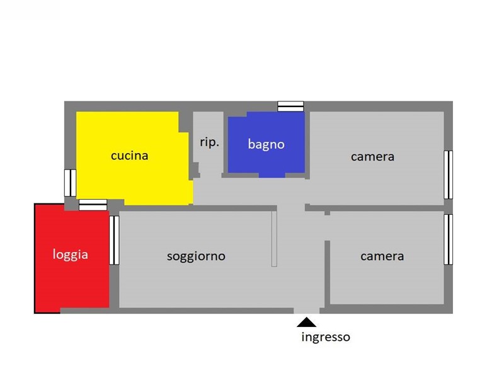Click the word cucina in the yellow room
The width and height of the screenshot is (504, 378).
coord(130,156)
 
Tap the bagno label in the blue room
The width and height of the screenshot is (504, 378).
coord(266,144)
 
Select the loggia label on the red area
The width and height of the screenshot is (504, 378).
coord(71,255)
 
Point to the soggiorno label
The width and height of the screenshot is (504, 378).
coord(196,256)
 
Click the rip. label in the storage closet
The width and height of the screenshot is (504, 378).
coord(210,142)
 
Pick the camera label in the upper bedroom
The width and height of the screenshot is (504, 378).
coord(372,157)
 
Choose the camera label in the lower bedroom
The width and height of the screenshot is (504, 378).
coord(382,256)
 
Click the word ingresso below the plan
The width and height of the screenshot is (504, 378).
coord(326,337)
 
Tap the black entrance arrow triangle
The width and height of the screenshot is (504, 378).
coord(307,323)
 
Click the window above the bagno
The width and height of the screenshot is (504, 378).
coord(290,106)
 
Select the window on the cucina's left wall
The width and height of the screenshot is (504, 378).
coord(70,183)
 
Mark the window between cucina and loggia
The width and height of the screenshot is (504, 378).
coord(93,205)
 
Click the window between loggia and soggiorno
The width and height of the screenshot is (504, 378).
coord(114,240)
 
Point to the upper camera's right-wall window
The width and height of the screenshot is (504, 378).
coord(449,175)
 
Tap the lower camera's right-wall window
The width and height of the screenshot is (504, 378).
coord(449,239)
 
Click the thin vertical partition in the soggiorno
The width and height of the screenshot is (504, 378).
coord(274,239)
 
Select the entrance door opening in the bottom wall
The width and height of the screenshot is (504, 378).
coord(307,311)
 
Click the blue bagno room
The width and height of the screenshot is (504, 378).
coord(266,145)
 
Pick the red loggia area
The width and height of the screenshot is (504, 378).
coord(72,258)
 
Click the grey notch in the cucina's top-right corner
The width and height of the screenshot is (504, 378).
coord(184,122)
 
